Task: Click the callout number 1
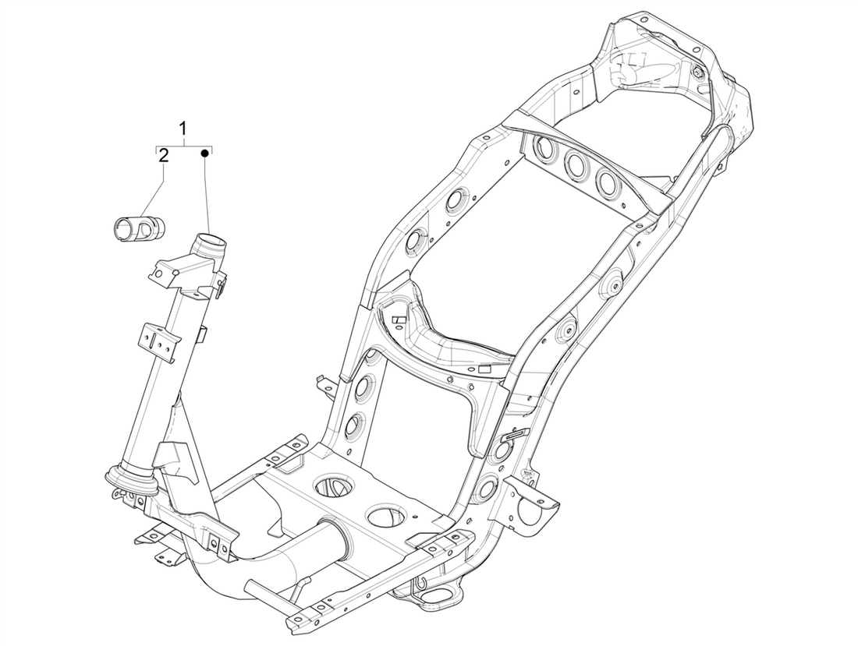(x=183, y=127)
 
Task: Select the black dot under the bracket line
(x=205, y=154)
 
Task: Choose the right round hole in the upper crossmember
(x=608, y=181)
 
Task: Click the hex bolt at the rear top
(x=697, y=73)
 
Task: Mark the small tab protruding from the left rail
(x=321, y=383)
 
